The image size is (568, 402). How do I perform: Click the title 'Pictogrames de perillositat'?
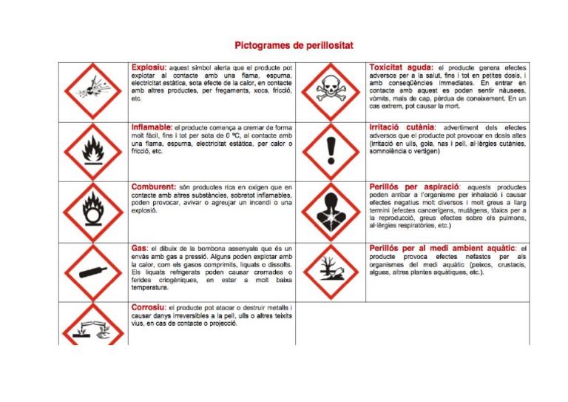point(294,46)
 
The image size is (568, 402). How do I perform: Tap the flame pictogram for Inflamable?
point(92,152)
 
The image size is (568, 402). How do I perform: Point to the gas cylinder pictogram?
point(92,272)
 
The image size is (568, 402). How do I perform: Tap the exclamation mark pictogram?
point(330,152)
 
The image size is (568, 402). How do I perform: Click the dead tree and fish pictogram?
point(330,272)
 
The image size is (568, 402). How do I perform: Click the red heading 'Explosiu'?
point(148,67)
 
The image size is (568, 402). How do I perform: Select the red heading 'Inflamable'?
point(151,127)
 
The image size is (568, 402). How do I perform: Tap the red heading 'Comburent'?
point(153,187)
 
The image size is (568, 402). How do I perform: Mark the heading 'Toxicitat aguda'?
point(400,67)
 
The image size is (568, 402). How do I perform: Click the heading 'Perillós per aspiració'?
point(414,187)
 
